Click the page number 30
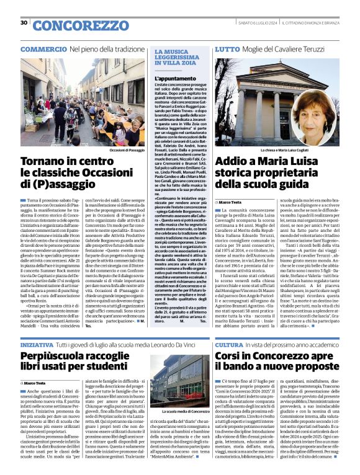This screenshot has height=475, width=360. tap(24, 23)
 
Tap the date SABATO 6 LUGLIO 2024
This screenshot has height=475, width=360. tap(248, 23)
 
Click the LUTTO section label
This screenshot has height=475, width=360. tap(228, 48)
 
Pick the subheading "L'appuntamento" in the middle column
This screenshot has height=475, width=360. tap(170, 79)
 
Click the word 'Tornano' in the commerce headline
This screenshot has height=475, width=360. tap(48, 163)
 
